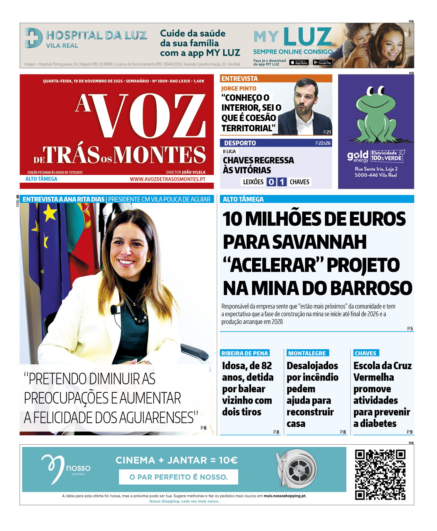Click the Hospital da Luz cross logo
click(33, 38)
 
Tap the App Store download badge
click(299, 63)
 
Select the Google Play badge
click(322, 63)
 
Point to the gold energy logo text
click(358, 156)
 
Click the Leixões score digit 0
click(271, 182)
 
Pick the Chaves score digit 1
click(282, 182)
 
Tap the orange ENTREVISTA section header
click(240, 79)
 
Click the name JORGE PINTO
click(239, 88)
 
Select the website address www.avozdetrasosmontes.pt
click(167, 179)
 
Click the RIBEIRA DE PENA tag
click(245, 353)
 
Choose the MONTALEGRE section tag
click(307, 353)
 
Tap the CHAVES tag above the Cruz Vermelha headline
click(365, 353)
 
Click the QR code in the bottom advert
click(380, 475)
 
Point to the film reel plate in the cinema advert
click(298, 470)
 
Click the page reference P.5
click(410, 328)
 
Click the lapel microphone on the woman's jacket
click(114, 309)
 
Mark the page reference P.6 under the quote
click(204, 428)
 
